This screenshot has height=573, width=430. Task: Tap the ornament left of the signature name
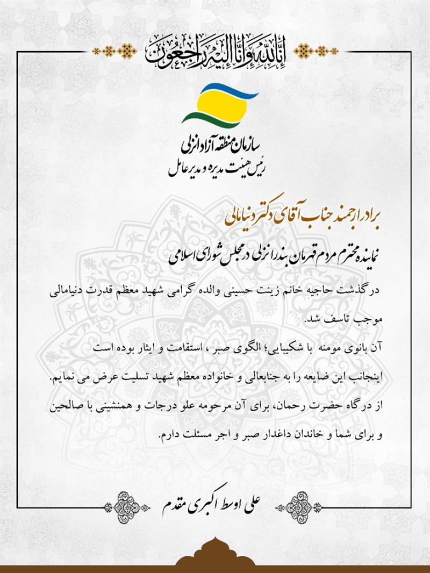click(129, 504)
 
